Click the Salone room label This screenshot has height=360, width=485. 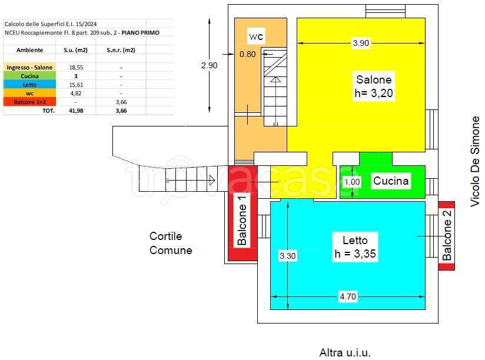point(373,79)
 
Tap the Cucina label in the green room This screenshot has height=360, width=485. point(391,181)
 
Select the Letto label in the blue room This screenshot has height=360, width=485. point(355,240)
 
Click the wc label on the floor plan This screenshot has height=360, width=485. point(256,36)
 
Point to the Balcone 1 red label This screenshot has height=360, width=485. point(242,220)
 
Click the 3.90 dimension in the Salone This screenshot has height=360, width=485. point(361,43)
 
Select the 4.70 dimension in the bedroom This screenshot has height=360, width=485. point(347,297)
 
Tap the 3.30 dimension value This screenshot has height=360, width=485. point(287,256)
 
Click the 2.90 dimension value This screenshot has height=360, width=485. point(209,65)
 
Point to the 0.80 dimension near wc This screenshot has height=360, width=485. point(247,55)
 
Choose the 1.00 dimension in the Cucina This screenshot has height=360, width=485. point(352,182)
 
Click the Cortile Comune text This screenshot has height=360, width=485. point(171,243)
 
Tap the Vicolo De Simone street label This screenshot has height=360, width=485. point(476,161)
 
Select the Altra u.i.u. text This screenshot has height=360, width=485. point(345,353)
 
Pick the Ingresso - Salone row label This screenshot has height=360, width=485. point(29,67)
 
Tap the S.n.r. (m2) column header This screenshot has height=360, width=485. point(121,50)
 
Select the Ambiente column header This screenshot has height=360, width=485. point(29,50)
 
